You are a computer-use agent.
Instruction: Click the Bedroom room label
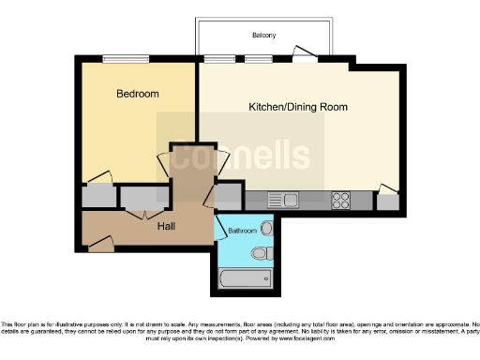137,94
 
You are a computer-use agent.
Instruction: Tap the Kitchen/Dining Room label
297,107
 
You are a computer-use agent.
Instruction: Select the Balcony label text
263,36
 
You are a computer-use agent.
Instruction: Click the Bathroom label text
242,229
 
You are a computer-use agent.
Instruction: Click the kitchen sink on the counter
282,199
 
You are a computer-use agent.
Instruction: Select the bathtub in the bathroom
244,278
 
